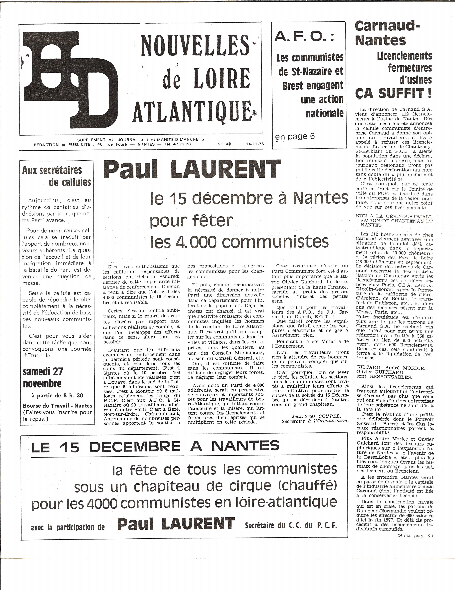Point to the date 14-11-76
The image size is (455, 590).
pos(255,144)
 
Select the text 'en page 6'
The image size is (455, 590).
pos(295,136)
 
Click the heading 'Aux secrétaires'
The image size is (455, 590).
pos(52,170)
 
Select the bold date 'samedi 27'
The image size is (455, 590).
pos(43,372)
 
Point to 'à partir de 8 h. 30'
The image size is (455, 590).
pos(57,395)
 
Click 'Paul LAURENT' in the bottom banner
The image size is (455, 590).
pos(176,524)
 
